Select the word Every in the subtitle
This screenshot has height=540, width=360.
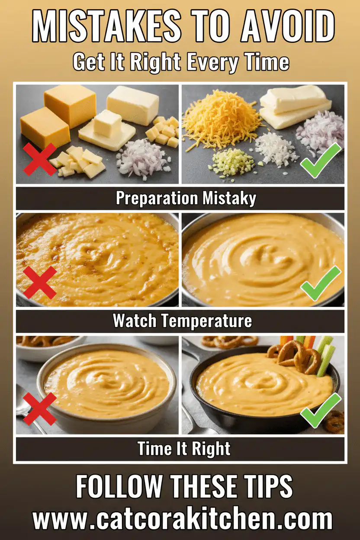[x=211, y=62]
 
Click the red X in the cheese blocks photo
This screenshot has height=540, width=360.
[x=39, y=159]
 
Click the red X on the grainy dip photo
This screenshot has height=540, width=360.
[x=40, y=282]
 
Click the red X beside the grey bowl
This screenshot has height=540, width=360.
[x=39, y=408]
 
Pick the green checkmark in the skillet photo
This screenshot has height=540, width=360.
[x=321, y=409]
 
